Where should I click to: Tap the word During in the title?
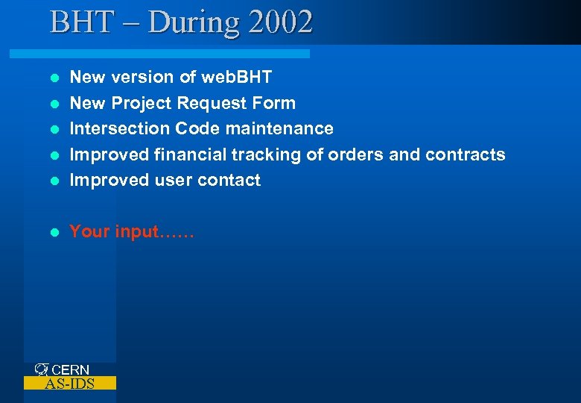(194, 22)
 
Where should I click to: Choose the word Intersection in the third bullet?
(120, 128)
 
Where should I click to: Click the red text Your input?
(131, 231)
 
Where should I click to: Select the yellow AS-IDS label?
(69, 384)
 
